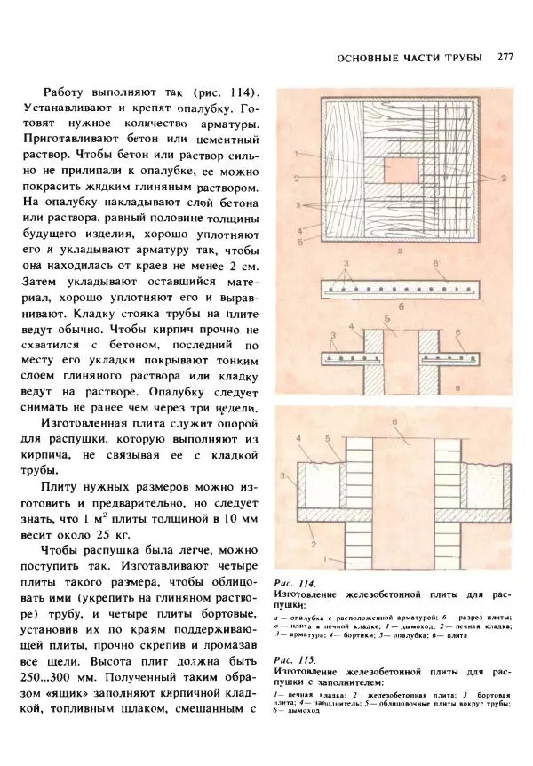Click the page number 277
coord(506,57)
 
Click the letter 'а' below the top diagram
coord(402,251)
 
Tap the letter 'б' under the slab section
coord(402,307)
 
